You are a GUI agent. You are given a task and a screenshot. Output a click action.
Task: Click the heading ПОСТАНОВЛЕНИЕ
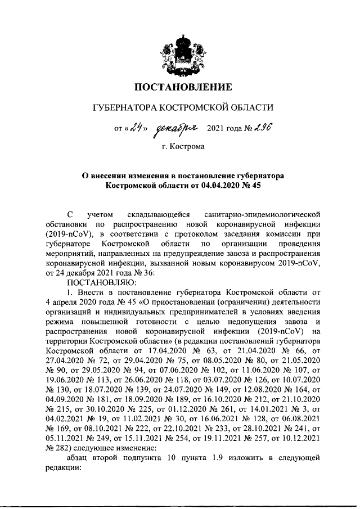click(183, 87)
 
